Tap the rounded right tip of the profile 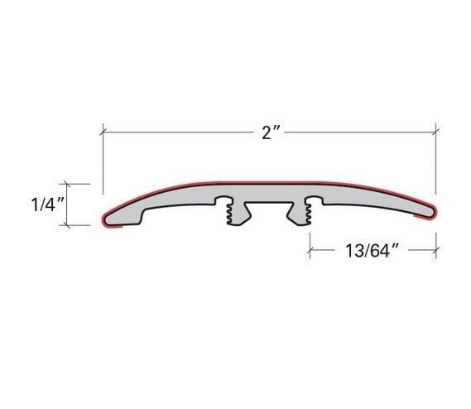(432, 213)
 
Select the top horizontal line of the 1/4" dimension (76, 183)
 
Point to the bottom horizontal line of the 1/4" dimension (76, 224)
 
